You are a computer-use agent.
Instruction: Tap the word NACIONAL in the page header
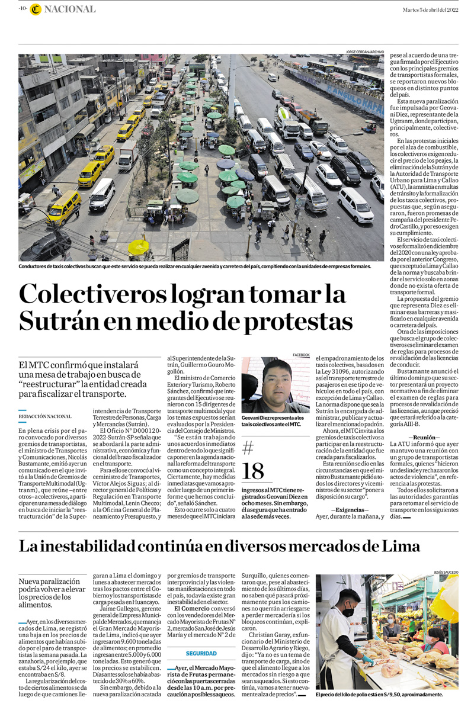tap(70, 9)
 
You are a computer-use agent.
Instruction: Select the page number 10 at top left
tap(23, 9)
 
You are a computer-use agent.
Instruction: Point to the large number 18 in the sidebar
tap(253, 471)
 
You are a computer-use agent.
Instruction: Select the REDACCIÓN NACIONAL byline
tap(45, 416)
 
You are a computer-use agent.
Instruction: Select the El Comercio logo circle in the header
tap(36, 9)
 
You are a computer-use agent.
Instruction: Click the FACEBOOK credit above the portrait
tap(300, 355)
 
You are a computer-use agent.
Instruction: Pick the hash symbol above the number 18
tap(248, 447)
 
